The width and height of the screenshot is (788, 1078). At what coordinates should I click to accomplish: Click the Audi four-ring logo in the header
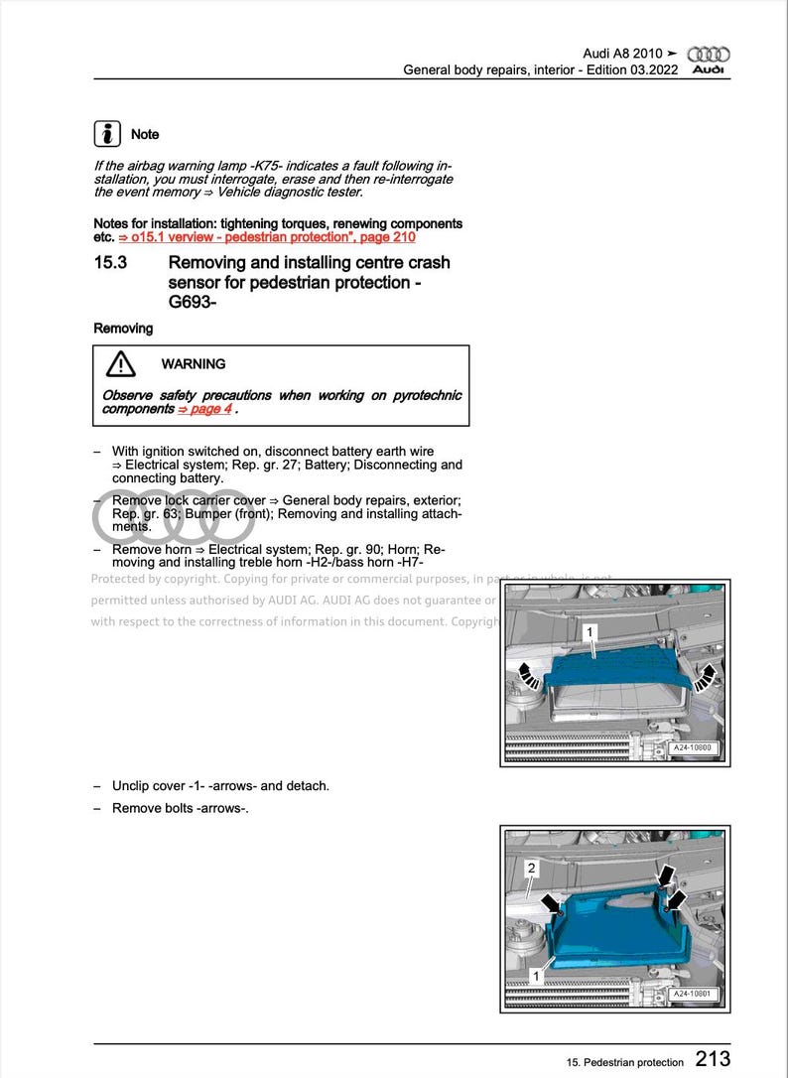pos(709,54)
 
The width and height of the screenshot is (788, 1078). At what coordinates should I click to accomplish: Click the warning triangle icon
pos(121,364)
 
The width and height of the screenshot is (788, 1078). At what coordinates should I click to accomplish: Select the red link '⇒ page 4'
pos(203,409)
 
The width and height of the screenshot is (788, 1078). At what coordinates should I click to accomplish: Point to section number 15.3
pos(109,263)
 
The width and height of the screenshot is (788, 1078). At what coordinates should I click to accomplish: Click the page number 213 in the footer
pos(713,1059)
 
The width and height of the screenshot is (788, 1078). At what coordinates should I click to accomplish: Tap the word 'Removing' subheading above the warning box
pos(123,329)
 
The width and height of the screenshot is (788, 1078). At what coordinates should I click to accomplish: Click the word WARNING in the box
pos(194,364)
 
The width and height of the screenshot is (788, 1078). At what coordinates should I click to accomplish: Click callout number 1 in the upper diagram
pos(591,631)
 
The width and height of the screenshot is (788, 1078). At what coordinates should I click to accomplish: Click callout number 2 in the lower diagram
pos(532,869)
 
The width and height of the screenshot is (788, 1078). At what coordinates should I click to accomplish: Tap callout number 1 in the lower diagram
pos(536,976)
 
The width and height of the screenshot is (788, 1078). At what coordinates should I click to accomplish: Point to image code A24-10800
pos(694,747)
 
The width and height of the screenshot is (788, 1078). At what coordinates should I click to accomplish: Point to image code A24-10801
pos(694,994)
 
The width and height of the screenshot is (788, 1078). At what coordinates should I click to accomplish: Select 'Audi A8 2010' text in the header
pos(622,53)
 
